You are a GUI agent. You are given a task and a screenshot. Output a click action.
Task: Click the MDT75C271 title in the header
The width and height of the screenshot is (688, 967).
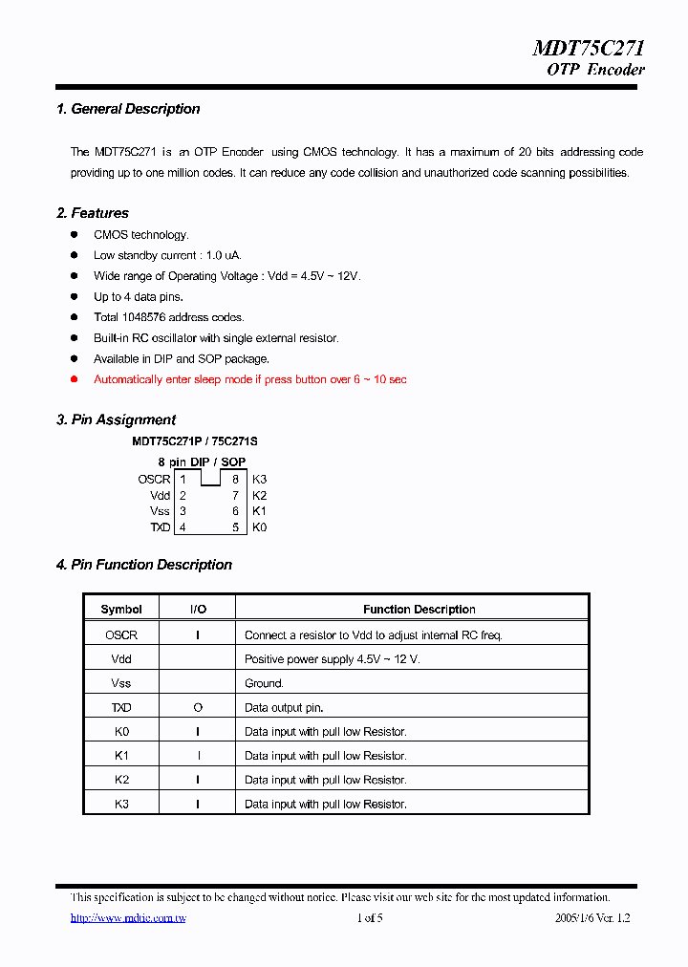(588, 49)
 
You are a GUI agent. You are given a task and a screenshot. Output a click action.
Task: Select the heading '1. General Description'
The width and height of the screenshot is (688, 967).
(128, 109)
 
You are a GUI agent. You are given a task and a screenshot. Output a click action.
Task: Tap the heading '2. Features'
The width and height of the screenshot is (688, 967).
(92, 213)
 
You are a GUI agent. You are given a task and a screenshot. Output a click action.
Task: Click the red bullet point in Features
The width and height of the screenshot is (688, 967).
(75, 379)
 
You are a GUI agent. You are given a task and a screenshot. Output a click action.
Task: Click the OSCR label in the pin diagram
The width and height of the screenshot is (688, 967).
(153, 480)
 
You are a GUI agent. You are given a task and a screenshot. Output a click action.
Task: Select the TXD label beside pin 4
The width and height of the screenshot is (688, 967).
(160, 527)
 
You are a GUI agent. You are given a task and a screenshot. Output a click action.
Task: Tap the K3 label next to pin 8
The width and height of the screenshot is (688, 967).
(259, 480)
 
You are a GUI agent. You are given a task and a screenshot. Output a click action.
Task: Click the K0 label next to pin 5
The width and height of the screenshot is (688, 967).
(259, 527)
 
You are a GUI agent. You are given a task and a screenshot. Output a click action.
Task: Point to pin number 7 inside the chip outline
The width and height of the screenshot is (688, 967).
(235, 496)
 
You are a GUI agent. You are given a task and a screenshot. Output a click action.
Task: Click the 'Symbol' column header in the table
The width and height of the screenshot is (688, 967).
(121, 610)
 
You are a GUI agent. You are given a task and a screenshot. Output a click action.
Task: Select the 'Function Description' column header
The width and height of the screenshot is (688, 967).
(419, 610)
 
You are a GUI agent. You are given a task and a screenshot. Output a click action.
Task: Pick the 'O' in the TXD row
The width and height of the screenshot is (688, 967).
(198, 708)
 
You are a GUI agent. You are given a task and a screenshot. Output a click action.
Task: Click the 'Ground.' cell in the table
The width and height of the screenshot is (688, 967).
(264, 683)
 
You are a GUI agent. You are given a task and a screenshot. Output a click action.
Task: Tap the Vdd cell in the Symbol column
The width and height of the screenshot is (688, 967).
(121, 659)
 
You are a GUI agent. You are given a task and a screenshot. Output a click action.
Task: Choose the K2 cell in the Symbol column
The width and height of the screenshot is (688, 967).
(121, 780)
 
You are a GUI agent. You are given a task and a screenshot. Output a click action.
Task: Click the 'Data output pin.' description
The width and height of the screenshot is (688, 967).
(284, 708)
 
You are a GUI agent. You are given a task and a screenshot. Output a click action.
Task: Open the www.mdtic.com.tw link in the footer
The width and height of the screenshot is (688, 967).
(128, 918)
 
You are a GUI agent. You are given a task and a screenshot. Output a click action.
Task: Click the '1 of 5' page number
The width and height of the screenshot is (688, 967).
(370, 918)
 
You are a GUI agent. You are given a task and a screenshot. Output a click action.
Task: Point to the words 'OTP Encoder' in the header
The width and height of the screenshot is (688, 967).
(595, 70)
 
